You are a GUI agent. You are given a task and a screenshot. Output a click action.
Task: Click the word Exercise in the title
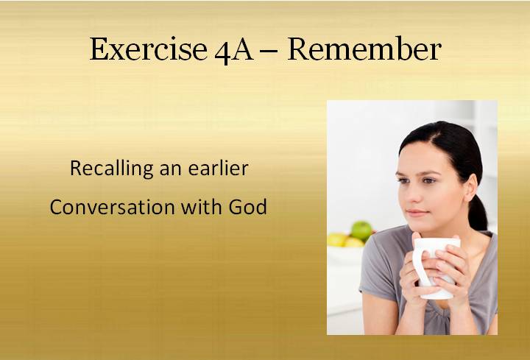coord(149,49)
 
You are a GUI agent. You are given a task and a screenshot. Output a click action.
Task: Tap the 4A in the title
coord(234,51)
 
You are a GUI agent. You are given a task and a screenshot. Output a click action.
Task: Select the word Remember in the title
coord(364,49)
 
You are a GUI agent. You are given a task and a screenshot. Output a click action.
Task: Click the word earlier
coord(219,168)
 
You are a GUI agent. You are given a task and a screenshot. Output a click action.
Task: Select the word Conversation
coord(112,207)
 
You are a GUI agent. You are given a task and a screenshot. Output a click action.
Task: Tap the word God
coord(248,207)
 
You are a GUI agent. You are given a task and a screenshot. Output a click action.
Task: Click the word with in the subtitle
coord(201,206)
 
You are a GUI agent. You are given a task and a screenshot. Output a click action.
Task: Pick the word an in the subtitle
coord(171,169)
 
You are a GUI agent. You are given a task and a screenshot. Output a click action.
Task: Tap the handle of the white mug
coord(418,267)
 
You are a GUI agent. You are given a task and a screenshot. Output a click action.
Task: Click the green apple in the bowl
coord(361,231)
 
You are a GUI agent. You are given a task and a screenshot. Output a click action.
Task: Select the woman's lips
coord(417,213)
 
